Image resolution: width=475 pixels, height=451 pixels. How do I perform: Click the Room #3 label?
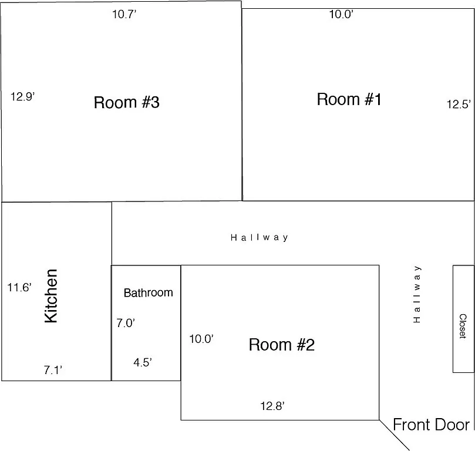coord(126,103)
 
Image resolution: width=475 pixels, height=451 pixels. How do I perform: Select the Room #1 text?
coord(349,99)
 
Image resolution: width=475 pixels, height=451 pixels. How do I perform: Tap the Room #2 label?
coord(281,345)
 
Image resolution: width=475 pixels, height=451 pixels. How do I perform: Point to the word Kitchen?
coord(51,296)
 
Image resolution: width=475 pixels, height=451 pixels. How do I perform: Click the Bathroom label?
coord(148,292)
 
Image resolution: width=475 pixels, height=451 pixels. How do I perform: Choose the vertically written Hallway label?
coord(417,294)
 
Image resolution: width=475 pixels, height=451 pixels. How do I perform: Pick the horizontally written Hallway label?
coord(259,238)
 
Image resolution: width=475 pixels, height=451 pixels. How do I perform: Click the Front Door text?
coord(431,425)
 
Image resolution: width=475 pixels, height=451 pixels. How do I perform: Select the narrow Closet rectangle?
coord(463,319)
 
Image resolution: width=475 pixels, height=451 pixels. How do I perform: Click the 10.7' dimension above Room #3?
coord(124,15)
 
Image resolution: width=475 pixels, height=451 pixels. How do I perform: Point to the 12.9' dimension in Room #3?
coord(23,96)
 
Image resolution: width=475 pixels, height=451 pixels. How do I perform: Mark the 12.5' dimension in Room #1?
coord(458,105)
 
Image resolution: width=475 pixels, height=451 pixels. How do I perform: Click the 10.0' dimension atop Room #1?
coord(341,15)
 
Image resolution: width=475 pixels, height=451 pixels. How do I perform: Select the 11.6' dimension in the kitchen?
coord(19,288)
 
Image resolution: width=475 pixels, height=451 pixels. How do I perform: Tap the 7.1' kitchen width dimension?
coord(53,370)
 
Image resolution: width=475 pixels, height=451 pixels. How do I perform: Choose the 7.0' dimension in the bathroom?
coord(126,322)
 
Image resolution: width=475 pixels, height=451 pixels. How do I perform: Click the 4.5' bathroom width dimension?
coord(143,362)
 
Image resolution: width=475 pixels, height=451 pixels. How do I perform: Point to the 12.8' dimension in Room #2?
coord(272,405)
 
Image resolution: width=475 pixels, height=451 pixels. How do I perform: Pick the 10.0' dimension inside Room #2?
coord(201,339)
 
